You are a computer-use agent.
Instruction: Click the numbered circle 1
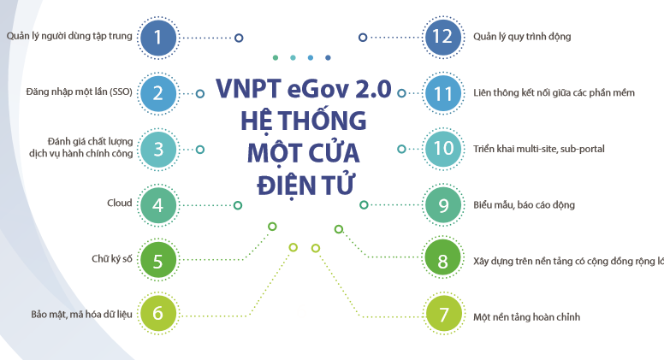[158, 37]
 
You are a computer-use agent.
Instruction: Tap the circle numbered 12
[442, 37]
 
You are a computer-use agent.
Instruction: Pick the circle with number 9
[442, 204]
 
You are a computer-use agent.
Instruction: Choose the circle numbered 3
[158, 149]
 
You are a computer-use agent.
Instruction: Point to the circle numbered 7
[442, 314]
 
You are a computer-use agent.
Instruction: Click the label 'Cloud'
[120, 204]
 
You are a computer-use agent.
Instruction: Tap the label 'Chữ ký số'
[112, 258]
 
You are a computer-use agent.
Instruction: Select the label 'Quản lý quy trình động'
[522, 37]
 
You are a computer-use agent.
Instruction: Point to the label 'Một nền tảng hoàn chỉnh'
[526, 316]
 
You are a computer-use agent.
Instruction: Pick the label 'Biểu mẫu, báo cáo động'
[524, 205]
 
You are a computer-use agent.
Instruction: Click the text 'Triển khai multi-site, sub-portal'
[539, 149]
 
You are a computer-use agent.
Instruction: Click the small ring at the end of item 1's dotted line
[239, 38]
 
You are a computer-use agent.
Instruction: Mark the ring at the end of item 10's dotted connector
[401, 149]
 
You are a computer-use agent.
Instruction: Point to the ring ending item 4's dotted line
[238, 205]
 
